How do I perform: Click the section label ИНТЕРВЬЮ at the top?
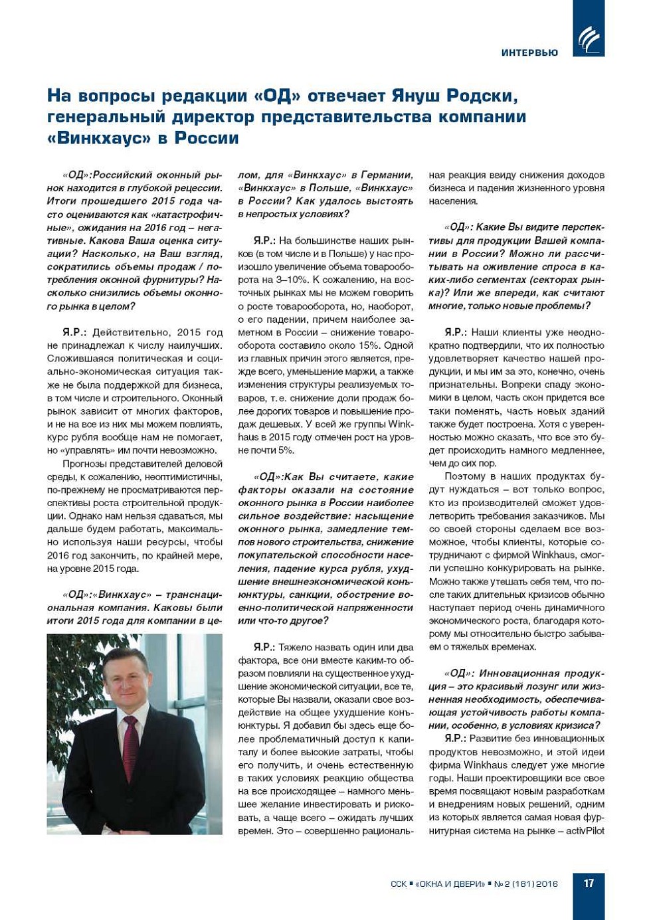pyautogui.click(x=529, y=52)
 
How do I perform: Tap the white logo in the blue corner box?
pyautogui.click(x=589, y=39)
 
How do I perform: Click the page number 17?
pyautogui.click(x=589, y=883)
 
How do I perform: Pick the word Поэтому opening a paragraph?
pyautogui.click(x=466, y=476)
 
